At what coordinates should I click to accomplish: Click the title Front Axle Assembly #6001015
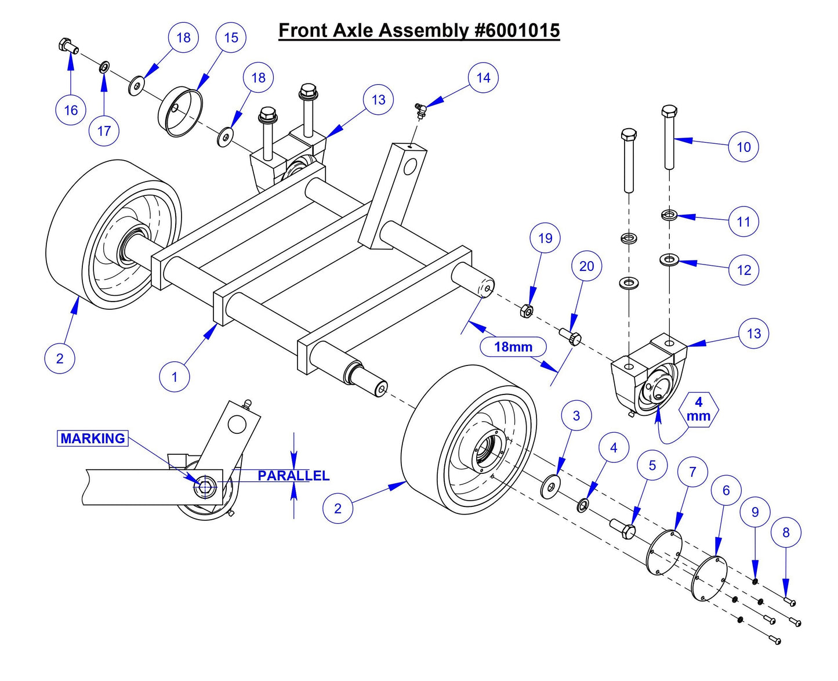click(x=419, y=30)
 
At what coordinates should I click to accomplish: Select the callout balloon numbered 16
click(x=71, y=110)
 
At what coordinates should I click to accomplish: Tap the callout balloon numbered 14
click(x=483, y=78)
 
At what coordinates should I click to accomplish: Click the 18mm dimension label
click(x=513, y=347)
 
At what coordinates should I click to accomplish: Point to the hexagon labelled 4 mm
click(x=698, y=409)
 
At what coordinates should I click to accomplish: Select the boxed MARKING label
click(x=93, y=439)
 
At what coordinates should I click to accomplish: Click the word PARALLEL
click(x=293, y=476)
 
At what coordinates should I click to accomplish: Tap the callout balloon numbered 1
click(x=175, y=377)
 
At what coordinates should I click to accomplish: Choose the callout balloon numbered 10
click(x=743, y=147)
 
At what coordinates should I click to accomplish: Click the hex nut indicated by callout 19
click(x=526, y=311)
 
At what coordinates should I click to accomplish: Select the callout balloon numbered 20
click(x=586, y=266)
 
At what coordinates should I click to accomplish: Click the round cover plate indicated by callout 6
click(x=710, y=579)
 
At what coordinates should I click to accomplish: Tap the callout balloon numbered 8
click(x=786, y=533)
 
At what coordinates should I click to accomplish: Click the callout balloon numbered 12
click(x=743, y=270)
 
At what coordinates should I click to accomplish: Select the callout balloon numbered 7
click(x=692, y=472)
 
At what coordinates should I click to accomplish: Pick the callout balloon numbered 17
click(x=104, y=131)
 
